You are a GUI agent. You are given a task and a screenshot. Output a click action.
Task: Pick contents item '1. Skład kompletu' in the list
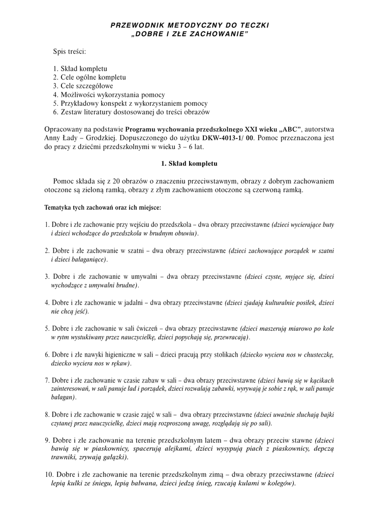click(80, 68)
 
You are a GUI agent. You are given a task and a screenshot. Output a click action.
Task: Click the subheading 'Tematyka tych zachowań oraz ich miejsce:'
click(103, 208)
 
